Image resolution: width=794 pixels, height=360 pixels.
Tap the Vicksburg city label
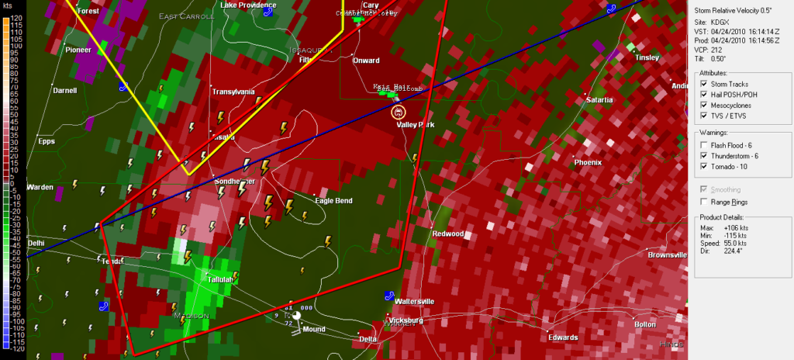404,320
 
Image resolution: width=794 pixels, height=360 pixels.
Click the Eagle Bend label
333,201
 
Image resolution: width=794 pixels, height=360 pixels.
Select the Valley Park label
416,125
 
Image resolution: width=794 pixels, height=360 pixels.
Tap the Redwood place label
447,234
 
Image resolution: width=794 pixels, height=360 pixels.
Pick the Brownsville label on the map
668,254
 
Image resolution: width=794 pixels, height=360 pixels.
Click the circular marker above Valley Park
399,111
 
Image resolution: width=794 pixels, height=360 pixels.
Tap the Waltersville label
415,301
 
